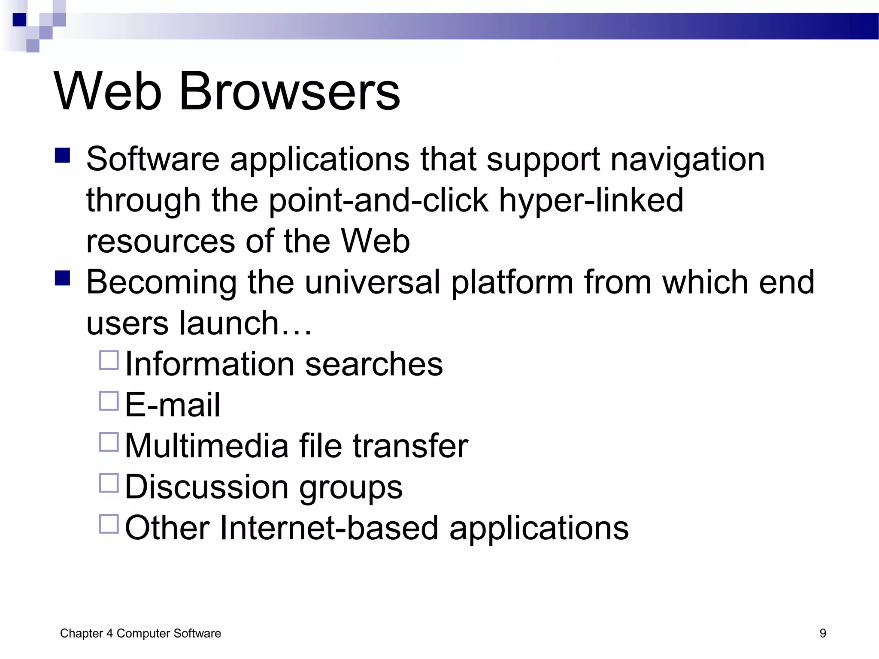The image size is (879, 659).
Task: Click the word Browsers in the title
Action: [289, 91]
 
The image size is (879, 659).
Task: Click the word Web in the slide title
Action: [108, 91]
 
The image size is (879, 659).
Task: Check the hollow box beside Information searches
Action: [109, 360]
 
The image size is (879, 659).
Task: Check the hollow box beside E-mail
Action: [109, 401]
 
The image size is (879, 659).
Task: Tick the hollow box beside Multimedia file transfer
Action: [109, 442]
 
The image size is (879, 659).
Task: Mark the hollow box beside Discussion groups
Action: [109, 483]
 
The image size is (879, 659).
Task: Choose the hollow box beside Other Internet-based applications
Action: [109, 524]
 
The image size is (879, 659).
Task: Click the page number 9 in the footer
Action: [823, 633]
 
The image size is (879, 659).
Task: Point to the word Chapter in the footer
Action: [82, 633]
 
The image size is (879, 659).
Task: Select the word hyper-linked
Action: [591, 200]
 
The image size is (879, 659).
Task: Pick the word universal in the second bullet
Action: [373, 282]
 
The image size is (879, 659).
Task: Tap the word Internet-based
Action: [329, 528]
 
